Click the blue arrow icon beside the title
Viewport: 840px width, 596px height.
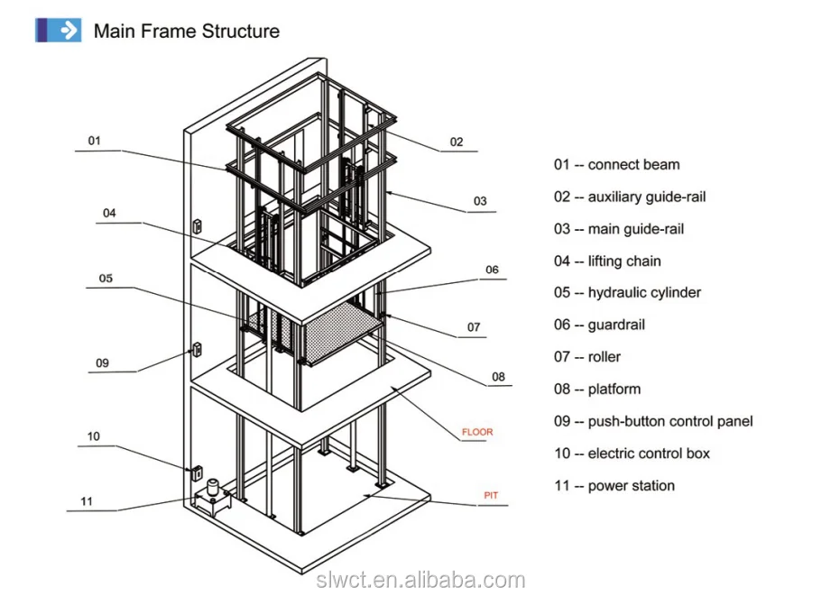59,30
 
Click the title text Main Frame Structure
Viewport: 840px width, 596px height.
187,31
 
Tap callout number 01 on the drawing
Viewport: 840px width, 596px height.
94,141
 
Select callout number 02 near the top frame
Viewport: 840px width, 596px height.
457,142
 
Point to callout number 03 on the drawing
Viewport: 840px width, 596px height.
480,201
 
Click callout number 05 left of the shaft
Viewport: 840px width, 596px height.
106,279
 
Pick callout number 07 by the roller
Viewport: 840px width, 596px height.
474,327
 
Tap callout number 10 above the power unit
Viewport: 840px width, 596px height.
93,436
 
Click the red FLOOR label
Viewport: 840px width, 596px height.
477,432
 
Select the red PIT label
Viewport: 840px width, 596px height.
491,495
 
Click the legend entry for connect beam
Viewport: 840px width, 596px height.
616,164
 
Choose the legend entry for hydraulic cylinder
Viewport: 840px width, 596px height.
627,292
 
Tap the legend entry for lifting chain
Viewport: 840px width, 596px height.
607,261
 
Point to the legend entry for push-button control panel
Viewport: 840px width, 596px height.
653,421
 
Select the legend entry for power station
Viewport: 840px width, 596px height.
614,486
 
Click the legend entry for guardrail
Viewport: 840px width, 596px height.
599,325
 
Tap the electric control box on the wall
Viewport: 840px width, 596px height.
197,472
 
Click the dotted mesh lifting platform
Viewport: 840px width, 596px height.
343,333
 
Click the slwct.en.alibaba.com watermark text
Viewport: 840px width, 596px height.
420,580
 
